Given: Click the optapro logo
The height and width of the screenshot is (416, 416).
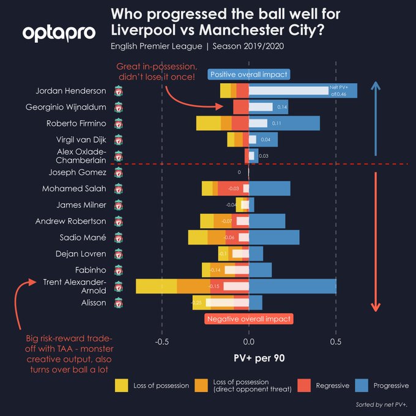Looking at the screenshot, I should coord(59,32).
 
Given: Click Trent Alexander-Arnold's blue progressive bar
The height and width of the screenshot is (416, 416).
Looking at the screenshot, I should coord(292,286).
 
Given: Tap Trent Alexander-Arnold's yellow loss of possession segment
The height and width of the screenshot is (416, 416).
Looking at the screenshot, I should coord(156,286).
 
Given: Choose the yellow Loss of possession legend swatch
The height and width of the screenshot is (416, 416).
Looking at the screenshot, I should coord(121,385).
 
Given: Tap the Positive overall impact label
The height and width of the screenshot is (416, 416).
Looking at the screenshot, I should coord(248,74).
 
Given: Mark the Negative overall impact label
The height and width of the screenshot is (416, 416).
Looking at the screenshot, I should coord(248,319).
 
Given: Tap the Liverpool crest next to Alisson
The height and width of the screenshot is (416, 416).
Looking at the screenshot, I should coord(118,303).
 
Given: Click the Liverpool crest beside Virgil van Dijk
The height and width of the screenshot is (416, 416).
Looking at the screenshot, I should coord(118,140).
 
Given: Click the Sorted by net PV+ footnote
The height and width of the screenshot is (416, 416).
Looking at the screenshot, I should coord(381,405).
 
